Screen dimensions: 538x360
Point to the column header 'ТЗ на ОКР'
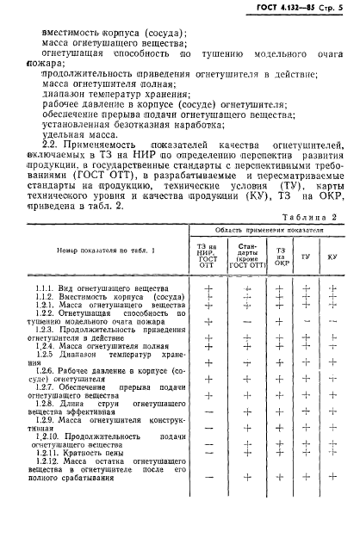click(x=280, y=257)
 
